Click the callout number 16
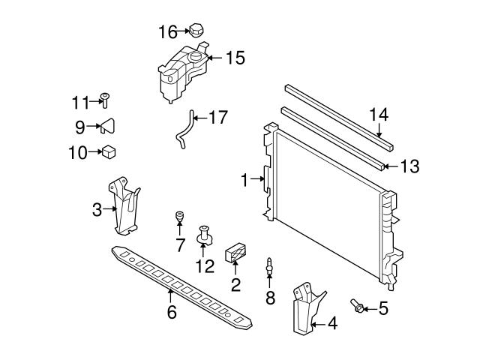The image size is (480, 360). tap(167, 31)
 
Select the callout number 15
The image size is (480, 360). tap(235, 58)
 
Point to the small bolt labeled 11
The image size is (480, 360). tap(105, 100)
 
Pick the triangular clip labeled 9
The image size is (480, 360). tap(107, 125)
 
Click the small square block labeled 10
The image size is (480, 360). tap(108, 151)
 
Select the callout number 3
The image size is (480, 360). tap(97, 211)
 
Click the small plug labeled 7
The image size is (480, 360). tap(180, 217)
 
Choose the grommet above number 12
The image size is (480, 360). tap(203, 236)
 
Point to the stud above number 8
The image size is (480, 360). tap(268, 265)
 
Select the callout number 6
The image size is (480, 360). tap(171, 311)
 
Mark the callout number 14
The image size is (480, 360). tap(379, 115)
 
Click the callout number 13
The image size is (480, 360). tap(409, 166)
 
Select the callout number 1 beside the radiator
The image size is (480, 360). tap(244, 180)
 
